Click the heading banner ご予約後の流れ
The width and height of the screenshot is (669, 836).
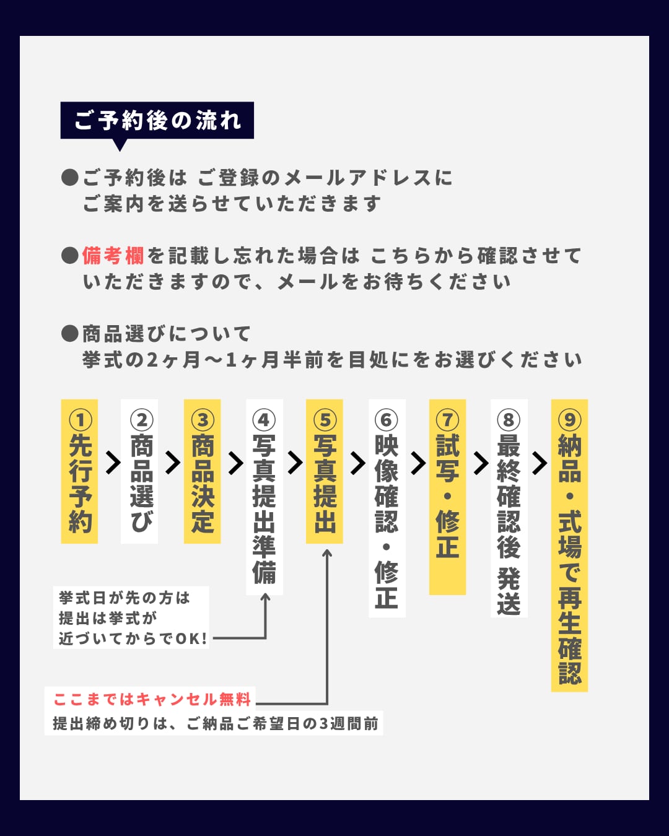157,120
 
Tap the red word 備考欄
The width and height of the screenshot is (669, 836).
113,256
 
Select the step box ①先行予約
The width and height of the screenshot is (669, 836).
79,472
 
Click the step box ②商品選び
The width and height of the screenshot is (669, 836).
140,472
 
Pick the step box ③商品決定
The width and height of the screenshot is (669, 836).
202,472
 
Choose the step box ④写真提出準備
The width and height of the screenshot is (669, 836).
265,497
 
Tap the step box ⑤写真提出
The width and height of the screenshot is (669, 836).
325,472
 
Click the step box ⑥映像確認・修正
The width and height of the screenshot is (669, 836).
387,508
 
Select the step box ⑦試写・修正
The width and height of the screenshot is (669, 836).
447,497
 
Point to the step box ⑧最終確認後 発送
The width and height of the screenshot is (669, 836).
509,508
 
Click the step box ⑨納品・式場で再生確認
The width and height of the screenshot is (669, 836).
569,545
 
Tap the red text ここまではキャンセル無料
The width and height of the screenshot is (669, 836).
152,699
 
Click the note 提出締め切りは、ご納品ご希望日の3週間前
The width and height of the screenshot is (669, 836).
214,723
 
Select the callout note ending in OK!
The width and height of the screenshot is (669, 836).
131,618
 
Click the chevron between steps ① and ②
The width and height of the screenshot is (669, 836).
113,463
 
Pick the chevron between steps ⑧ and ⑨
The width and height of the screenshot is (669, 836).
540,463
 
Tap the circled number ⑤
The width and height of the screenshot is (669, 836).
325,420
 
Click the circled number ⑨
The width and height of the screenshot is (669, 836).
569,420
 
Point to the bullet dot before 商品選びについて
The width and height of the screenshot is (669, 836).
70,334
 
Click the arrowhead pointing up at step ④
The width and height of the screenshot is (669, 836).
265,598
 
